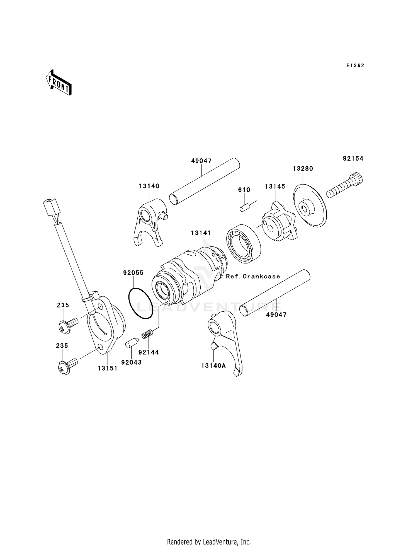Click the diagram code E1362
(x=355, y=66)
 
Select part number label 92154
(x=353, y=159)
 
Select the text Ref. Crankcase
(x=253, y=276)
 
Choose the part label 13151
(x=107, y=368)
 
